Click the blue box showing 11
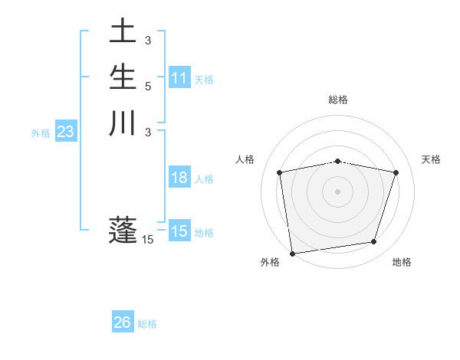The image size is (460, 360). pos(179,78)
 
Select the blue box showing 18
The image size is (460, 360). pos(179,178)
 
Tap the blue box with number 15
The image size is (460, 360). pos(179,231)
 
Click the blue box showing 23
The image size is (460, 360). pos(66,132)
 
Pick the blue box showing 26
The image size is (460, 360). pos(123,322)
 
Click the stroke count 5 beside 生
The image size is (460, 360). pos(148,86)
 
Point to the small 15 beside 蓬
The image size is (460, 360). pos(148,240)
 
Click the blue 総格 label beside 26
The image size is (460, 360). pos(147,324)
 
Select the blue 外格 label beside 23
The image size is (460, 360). pos(41,133)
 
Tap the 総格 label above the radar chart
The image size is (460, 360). pos(338,100)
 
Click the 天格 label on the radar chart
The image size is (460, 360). pos(432,159)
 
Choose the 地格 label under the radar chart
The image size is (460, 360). pos(402,263)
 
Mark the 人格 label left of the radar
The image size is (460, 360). pos(245,159)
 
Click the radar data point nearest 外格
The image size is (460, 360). pos(292,252)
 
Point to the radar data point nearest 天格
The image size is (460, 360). pos(396,172)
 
